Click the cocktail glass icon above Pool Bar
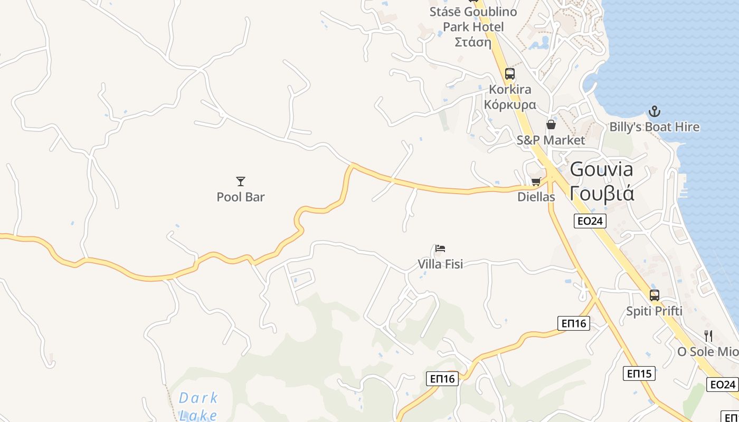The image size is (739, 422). coord(241,181)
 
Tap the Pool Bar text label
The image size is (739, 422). coord(241,197)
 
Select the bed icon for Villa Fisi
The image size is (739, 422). coord(440,248)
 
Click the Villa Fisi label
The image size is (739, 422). coord(440,264)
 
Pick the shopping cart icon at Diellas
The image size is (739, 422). coord(536,182)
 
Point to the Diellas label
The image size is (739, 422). coord(536,197)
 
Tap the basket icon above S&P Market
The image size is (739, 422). coord(551,124)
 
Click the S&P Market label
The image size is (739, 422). coord(551,140)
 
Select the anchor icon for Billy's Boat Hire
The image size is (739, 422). coord(655,111)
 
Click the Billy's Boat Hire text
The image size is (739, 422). coord(655,127)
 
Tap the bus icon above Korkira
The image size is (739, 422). coord(509,74)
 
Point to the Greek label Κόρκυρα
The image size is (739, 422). coord(510,104)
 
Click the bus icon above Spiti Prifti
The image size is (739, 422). coord(655,295)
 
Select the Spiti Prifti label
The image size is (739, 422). coord(655,311)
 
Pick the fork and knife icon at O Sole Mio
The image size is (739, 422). coord(708,335)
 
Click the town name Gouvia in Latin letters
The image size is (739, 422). coord(602,170)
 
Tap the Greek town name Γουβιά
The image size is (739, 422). coord(602,194)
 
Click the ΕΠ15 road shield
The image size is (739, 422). coord(639,373)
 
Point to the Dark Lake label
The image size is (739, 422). coord(198,406)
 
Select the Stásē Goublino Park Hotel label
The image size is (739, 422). coord(473,26)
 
